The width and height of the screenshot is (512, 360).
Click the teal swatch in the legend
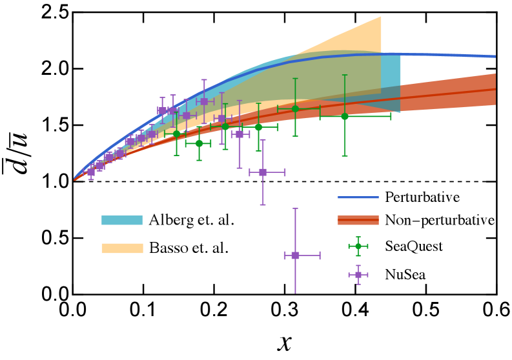point(122,221)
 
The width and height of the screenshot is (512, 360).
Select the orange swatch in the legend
point(122,248)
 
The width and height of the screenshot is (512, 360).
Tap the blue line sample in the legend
point(358,197)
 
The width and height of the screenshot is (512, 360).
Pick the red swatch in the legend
point(358,221)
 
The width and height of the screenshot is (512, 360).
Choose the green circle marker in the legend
point(358,246)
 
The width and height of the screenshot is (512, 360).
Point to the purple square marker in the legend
point(358,275)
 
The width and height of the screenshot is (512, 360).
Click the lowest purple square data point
point(295,255)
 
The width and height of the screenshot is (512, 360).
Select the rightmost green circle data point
point(344,116)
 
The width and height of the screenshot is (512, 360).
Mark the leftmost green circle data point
point(176,134)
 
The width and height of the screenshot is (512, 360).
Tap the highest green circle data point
point(295,108)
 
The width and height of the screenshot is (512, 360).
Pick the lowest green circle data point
point(199,143)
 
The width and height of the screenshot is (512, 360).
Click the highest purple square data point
point(204,101)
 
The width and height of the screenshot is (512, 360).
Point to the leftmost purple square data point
point(91,172)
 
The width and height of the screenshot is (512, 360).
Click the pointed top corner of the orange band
point(380,17)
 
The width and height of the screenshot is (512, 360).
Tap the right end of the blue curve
point(495,57)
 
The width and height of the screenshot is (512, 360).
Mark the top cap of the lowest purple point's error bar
point(295,208)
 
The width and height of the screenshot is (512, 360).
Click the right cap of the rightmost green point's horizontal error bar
point(391,116)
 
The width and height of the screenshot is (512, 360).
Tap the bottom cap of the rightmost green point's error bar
point(344,156)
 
